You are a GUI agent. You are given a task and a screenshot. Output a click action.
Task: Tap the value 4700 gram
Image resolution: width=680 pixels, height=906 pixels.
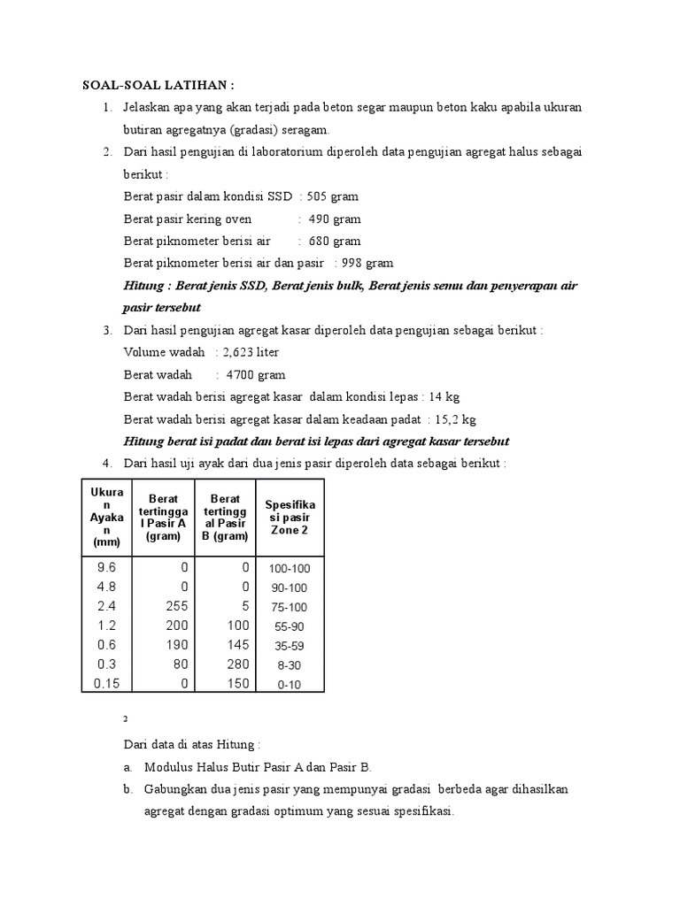(x=255, y=375)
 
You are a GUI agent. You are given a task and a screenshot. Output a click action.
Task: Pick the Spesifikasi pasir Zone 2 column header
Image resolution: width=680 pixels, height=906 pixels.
(x=290, y=517)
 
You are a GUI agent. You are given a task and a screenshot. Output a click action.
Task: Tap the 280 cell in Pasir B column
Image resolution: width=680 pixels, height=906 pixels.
(x=237, y=664)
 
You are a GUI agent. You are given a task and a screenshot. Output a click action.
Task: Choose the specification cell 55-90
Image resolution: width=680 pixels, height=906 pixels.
(x=290, y=626)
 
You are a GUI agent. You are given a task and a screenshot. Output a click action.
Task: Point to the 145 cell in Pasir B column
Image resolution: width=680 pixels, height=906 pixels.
(x=237, y=644)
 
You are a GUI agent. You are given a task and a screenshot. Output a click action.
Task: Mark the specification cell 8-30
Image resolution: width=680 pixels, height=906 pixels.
(x=290, y=664)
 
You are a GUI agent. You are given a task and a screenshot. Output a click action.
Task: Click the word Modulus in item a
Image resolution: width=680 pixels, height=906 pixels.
(x=169, y=767)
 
